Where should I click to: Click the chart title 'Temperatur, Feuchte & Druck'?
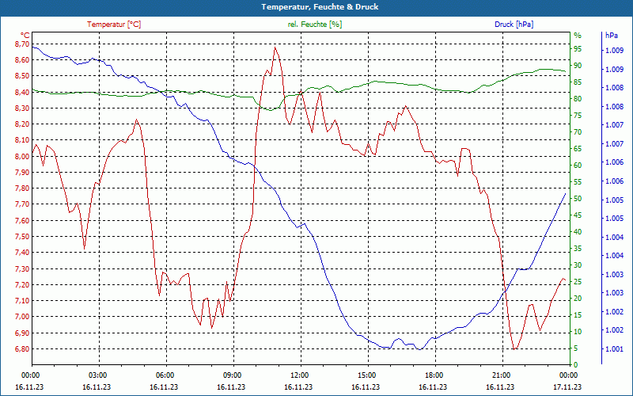(x=316, y=6)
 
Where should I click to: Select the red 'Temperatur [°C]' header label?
(x=114, y=25)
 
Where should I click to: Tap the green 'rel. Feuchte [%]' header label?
(x=315, y=25)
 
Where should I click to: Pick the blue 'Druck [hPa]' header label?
(x=514, y=25)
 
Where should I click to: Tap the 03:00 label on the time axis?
(x=97, y=375)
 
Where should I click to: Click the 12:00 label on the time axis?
(x=299, y=375)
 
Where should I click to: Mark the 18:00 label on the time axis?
(x=434, y=375)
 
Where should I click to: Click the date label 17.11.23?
(x=567, y=387)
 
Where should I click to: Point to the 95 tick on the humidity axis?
(x=578, y=48)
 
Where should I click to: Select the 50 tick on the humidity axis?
(x=578, y=199)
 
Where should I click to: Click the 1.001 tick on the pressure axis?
(x=614, y=349)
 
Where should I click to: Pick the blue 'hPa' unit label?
(x=612, y=36)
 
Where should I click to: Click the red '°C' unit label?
(x=25, y=36)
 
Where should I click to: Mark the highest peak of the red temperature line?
(x=275, y=47)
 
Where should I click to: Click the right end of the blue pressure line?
(x=565, y=193)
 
